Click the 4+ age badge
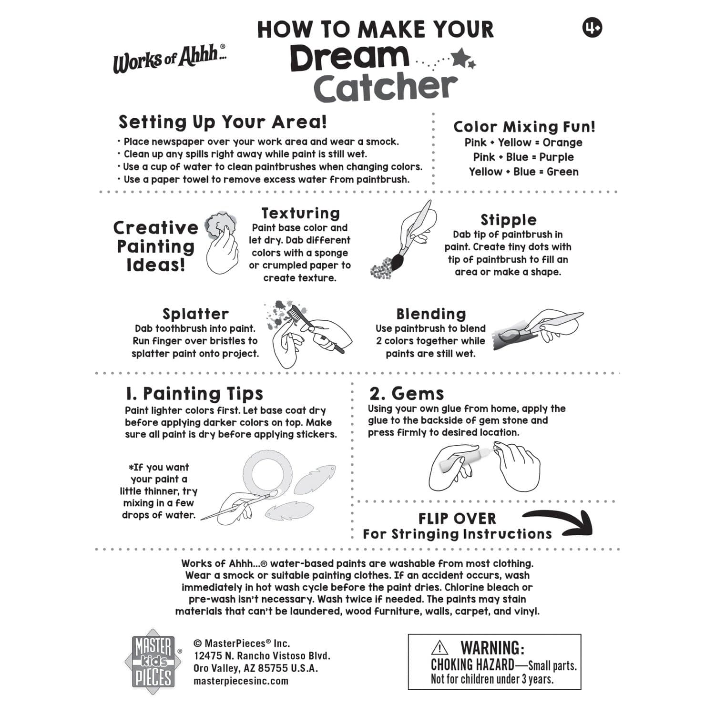(592, 28)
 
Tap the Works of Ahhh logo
(169, 59)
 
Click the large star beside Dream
(460, 58)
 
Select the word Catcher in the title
(385, 88)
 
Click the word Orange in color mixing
(562, 143)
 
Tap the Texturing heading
(300, 213)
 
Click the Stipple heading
(508, 220)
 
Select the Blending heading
(431, 314)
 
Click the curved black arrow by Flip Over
(562, 522)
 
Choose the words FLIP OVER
(457, 519)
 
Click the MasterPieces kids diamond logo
(153, 662)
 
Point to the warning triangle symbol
(439, 648)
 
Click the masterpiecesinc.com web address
(241, 681)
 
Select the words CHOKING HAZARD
(472, 665)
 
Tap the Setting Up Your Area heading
(223, 122)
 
